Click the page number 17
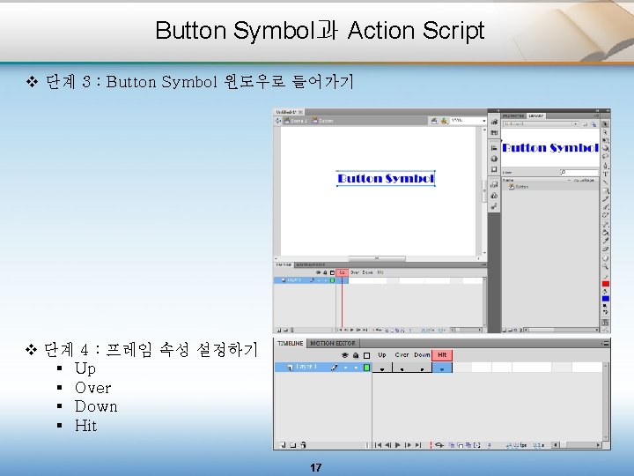coord(316,467)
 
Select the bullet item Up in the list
coord(85,368)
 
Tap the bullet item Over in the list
coord(92,388)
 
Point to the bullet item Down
coord(96,406)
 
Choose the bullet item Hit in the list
coord(86,426)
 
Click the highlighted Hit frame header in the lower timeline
coord(442,355)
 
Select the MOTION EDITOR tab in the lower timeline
coord(334,343)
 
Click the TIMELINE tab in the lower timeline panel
coord(291,343)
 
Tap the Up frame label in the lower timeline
coord(382,355)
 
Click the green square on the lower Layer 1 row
coord(366,367)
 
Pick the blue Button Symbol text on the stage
coord(386,178)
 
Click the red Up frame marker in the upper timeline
coord(342,272)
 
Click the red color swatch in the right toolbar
coord(606,283)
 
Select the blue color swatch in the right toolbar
coord(606,299)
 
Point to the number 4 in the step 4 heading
coord(83,350)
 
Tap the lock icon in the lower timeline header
coord(355,355)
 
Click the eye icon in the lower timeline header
coord(344,355)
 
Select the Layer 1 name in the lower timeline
coord(307,367)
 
